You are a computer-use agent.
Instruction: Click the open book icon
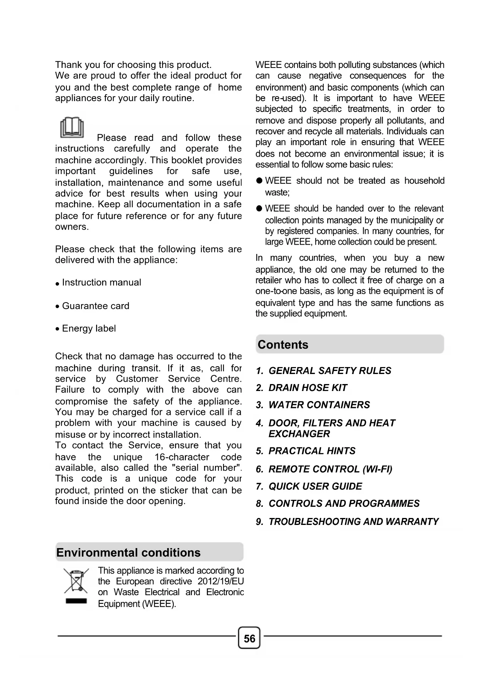[72, 127]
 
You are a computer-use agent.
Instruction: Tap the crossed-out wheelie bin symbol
[76, 581]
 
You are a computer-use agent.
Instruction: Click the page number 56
[249, 638]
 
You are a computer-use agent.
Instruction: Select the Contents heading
[283, 344]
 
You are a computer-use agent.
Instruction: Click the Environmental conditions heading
[129, 552]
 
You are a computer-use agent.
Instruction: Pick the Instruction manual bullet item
[102, 283]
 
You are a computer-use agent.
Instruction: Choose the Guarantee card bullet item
[95, 306]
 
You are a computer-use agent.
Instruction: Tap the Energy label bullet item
[89, 328]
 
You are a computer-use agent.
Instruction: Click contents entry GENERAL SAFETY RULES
[330, 371]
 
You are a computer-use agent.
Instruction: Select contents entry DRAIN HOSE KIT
[308, 388]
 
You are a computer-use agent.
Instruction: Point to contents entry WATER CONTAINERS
[319, 405]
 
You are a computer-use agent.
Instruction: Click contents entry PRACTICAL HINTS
[312, 451]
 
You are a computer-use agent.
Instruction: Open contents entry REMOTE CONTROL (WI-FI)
[330, 469]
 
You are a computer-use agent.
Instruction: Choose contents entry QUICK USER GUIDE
[315, 486]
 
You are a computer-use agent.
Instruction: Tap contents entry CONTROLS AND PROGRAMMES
[344, 504]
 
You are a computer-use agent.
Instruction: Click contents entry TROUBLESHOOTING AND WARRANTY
[354, 522]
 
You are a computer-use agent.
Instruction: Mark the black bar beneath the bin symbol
[76, 601]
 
